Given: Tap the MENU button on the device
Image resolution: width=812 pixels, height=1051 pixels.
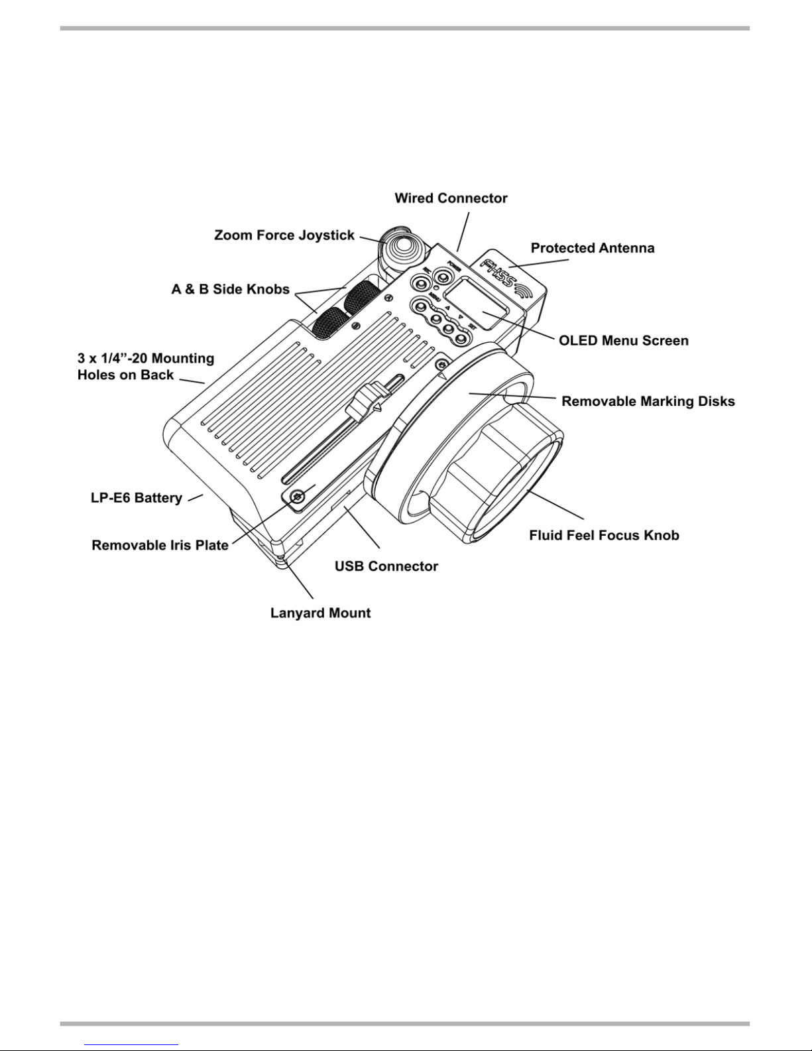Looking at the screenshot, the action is (418, 306).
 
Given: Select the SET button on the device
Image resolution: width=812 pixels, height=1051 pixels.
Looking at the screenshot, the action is (461, 338).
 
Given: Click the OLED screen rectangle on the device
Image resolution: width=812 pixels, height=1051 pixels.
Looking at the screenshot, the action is (476, 303).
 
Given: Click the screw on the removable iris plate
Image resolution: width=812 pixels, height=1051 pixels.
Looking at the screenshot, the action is (298, 496).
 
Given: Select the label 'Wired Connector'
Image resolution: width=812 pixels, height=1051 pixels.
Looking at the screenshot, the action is (451, 198).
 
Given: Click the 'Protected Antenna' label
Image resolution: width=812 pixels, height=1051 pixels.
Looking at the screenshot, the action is (593, 248).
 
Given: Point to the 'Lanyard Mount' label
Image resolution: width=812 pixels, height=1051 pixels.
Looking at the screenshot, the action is (320, 613).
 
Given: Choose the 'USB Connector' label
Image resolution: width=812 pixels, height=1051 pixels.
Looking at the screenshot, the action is (386, 566).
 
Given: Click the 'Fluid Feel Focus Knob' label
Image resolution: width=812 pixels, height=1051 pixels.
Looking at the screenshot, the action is (604, 535).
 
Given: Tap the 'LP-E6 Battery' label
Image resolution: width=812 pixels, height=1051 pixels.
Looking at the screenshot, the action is (137, 498).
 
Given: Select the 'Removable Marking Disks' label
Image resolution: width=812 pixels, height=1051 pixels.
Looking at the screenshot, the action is (648, 401).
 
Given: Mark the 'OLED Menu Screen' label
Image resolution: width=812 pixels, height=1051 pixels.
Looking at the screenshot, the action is (624, 341).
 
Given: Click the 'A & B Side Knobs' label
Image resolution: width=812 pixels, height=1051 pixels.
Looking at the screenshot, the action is (231, 289).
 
